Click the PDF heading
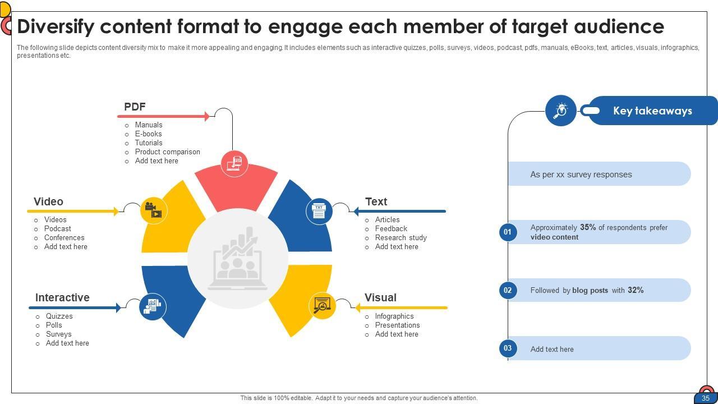point(135,107)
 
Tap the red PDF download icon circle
point(234,163)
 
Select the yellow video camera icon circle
point(154,210)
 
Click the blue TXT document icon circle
point(319,211)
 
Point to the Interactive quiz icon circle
point(153,306)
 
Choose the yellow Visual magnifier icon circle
point(323,306)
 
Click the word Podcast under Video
point(58,229)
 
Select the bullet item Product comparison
point(167,152)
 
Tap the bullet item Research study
point(401,238)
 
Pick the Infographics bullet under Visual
point(394,316)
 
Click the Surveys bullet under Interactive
point(58,334)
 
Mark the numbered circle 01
point(508,232)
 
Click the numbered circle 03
point(508,348)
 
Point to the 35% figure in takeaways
point(588,228)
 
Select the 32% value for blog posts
point(636,291)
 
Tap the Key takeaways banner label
point(652,111)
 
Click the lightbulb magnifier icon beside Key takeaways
point(561,111)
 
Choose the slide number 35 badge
point(706,398)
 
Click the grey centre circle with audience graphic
point(237,259)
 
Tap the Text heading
point(376,201)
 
